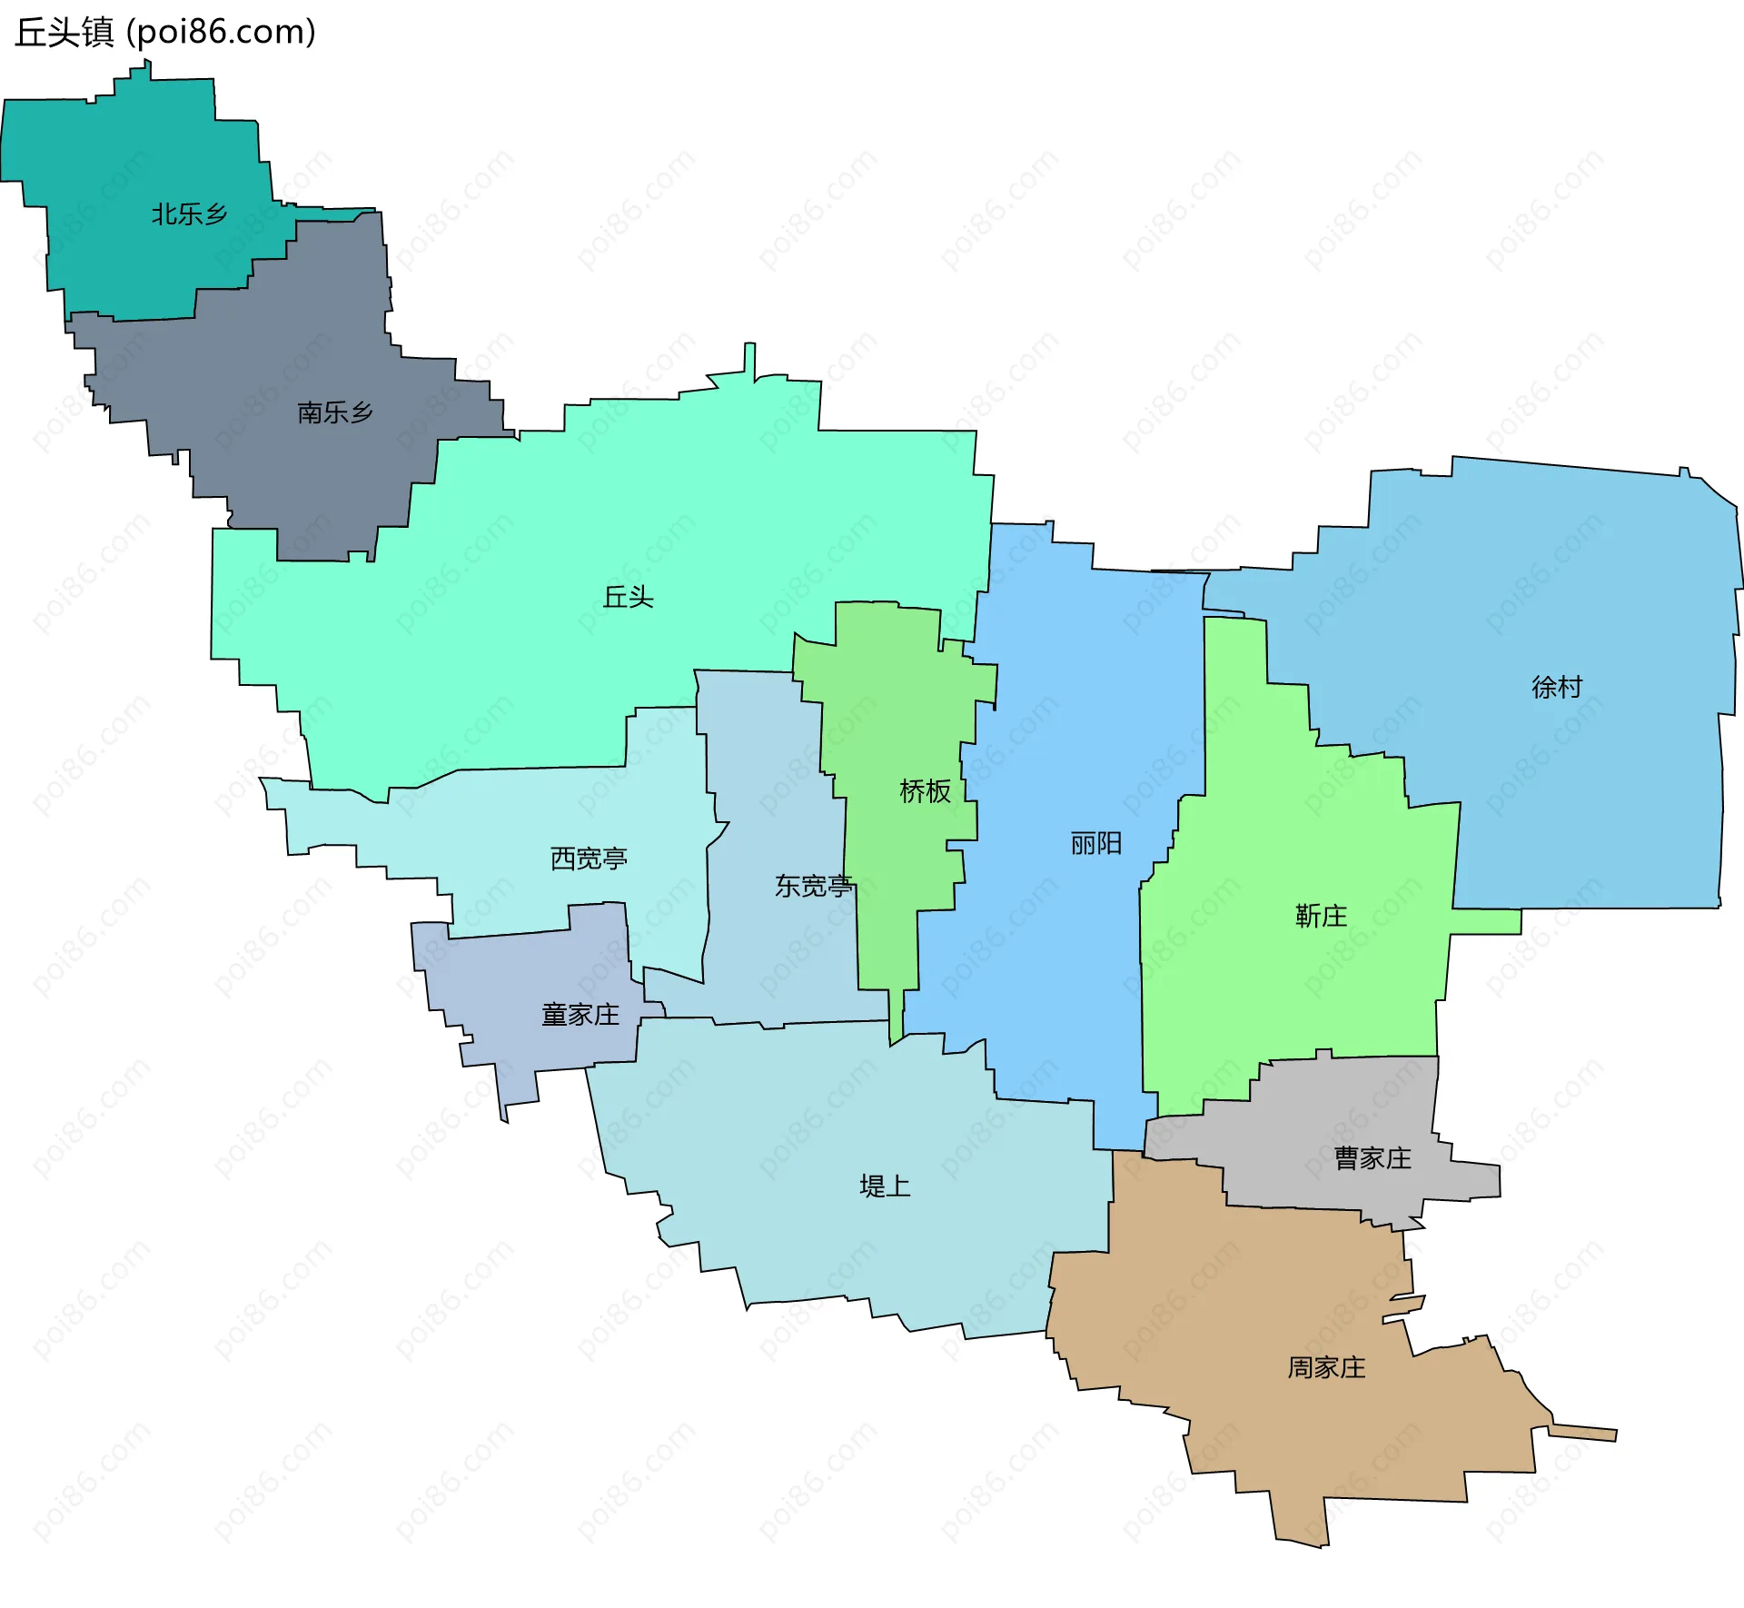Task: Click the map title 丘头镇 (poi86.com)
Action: coord(165,32)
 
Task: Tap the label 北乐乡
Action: coord(189,214)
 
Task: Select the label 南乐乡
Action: coord(335,412)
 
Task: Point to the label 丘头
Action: coord(629,597)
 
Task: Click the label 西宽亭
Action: coord(589,859)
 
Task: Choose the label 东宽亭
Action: coord(813,886)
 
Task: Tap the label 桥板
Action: coord(925,791)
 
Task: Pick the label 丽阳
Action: coord(1096,844)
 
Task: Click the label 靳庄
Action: coord(1321,916)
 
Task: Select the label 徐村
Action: coord(1557,687)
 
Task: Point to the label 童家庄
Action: coord(580,1015)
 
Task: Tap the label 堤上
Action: coord(885,1186)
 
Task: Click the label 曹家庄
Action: coord(1372,1158)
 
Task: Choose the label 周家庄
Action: coord(1326,1367)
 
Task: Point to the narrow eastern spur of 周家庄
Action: coord(1585,1433)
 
